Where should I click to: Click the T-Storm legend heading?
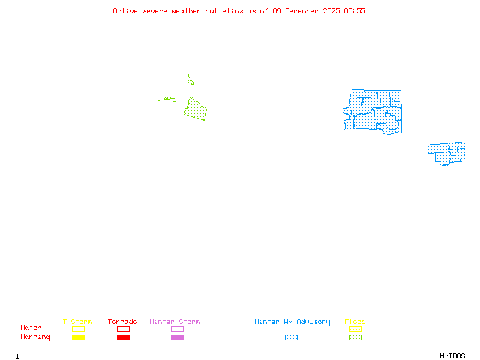coord(77,322)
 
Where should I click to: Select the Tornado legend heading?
coord(122,322)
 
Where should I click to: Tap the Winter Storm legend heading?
coord(175,322)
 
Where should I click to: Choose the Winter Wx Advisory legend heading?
coord(292,322)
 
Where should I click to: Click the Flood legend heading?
coord(355,322)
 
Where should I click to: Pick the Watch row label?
coord(31,328)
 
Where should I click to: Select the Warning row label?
coord(35,337)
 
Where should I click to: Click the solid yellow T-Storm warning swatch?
coord(78,338)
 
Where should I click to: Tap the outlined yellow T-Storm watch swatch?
coord(78,329)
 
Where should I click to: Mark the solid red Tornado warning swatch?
coord(123,338)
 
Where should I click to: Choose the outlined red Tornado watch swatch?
coord(123,329)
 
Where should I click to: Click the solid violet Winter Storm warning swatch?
coord(177,338)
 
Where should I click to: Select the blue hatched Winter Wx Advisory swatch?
coord(291,338)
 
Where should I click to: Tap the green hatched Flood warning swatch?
coord(355,338)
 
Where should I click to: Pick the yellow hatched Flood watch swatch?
coord(355,329)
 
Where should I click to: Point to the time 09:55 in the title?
coord(354,11)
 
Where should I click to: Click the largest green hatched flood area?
coord(195,110)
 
